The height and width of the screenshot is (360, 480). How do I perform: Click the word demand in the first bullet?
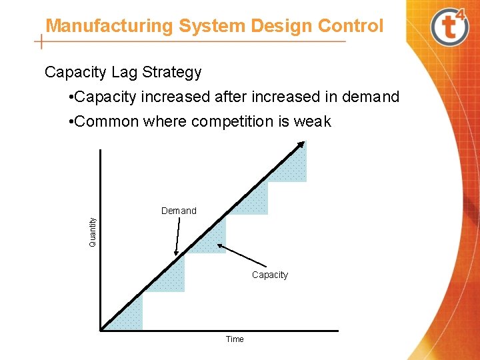coord(371,97)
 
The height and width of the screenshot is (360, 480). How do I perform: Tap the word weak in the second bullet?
coord(313,122)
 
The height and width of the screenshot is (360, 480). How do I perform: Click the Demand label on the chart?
coord(179,211)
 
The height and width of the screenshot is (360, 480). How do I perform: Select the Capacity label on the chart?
coord(270,275)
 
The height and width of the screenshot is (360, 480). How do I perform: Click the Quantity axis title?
coord(93,229)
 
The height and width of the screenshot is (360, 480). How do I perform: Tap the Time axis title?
coord(235,339)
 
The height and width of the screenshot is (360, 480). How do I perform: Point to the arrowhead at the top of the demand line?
coord(302,145)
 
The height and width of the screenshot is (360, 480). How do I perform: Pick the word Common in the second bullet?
coord(107,122)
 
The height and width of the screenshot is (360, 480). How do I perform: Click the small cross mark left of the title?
coord(42,42)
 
